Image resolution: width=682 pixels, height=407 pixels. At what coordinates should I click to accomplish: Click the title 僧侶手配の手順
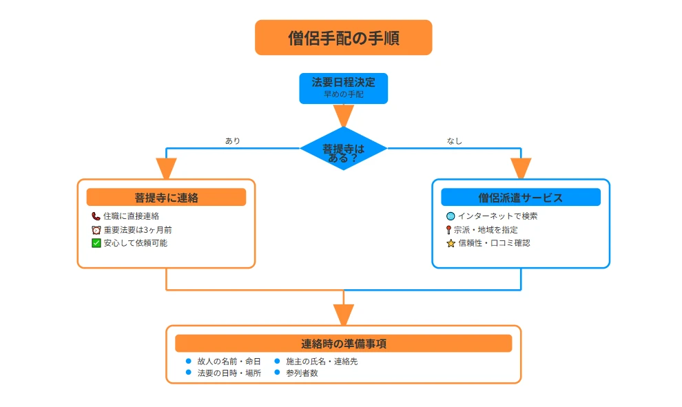(343, 38)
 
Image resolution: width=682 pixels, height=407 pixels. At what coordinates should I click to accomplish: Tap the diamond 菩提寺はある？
(343, 149)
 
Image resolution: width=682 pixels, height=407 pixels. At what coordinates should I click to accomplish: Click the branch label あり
(233, 141)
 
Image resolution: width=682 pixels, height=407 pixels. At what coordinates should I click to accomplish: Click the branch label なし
(454, 141)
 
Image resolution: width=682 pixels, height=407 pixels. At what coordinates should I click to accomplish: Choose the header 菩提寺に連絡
(166, 198)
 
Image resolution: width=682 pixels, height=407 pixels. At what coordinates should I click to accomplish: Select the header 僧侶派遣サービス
(520, 198)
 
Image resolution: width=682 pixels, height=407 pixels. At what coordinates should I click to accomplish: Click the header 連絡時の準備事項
(343, 344)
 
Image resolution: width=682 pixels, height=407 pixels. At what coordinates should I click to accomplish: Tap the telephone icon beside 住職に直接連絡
(96, 216)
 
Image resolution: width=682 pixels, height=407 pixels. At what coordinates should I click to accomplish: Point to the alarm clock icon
(96, 230)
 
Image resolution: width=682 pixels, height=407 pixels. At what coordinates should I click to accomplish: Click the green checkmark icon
(96, 243)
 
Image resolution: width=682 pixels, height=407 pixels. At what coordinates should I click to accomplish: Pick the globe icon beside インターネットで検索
(451, 216)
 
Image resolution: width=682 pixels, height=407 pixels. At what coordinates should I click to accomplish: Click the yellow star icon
(451, 243)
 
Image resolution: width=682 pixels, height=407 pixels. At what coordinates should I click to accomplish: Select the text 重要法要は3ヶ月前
(138, 230)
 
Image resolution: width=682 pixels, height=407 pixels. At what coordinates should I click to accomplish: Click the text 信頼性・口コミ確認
(494, 243)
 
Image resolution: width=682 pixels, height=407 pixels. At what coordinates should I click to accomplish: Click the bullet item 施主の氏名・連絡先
(322, 361)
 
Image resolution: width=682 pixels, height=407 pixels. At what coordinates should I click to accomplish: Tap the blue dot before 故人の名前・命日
(188, 361)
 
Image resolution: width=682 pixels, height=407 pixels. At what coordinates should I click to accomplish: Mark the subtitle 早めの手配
(343, 94)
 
